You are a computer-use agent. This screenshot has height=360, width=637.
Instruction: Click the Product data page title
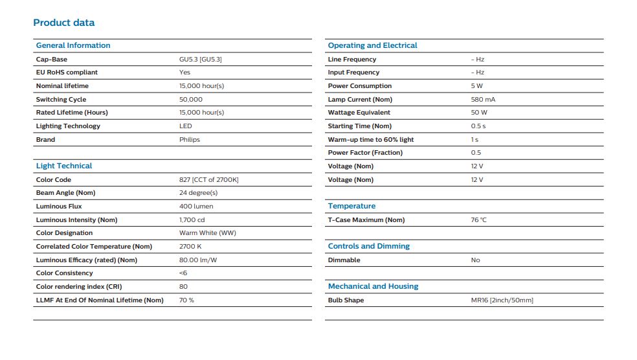point(64,23)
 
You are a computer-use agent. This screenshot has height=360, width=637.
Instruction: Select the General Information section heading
point(73,45)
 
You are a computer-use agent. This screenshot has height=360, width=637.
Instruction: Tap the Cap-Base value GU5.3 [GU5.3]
point(200,60)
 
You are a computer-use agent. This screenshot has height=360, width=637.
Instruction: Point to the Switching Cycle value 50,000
point(190,100)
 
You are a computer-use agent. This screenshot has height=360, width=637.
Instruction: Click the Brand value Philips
point(189,140)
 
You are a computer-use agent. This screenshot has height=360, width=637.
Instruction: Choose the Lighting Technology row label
point(68,126)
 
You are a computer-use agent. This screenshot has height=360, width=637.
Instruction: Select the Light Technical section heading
point(64,166)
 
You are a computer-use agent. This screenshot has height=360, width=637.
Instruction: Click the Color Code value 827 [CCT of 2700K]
point(209,179)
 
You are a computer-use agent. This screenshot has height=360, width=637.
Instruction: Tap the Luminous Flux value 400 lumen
point(196,207)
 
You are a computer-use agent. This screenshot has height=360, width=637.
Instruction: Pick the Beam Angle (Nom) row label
point(65,193)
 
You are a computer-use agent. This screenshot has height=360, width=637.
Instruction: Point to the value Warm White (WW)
point(207,233)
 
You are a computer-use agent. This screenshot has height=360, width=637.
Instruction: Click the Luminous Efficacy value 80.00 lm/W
point(198,260)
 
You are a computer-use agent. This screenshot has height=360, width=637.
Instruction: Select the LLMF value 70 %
point(186,300)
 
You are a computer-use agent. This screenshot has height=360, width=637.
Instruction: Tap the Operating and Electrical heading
point(372,45)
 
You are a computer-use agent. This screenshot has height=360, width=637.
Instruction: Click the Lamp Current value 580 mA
point(483,100)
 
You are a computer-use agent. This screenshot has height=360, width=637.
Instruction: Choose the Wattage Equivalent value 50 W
point(479,113)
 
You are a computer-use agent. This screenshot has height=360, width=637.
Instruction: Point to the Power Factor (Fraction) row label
point(365,153)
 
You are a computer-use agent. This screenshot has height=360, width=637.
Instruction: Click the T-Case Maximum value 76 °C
point(478,219)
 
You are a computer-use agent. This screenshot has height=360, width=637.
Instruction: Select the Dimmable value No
point(475,260)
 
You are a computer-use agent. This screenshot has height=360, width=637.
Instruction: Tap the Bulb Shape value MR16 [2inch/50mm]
point(502,300)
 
